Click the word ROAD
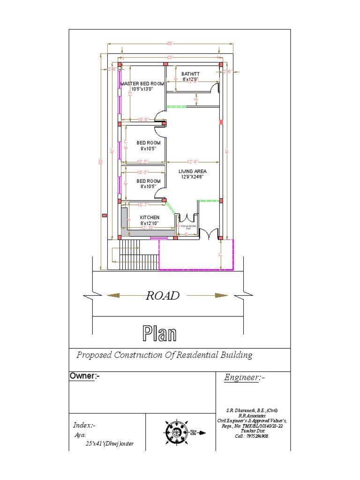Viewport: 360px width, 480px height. click(163, 296)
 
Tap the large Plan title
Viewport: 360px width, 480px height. click(160, 334)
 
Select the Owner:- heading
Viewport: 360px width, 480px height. click(85, 376)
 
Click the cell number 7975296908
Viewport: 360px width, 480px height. click(256, 436)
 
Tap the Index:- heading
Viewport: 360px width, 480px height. click(84, 425)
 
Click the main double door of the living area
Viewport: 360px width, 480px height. click(209, 232)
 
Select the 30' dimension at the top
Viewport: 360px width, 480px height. click(169, 44)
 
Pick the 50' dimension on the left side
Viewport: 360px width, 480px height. click(100, 161)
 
